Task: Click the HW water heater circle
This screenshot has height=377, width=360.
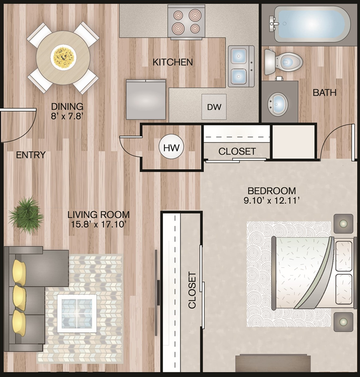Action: coord(171,147)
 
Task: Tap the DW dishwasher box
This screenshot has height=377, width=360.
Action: coord(214,107)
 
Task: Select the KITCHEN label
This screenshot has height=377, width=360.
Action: coord(172,62)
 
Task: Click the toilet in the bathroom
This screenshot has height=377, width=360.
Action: coord(283,62)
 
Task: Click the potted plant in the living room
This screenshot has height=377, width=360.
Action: coord(26,215)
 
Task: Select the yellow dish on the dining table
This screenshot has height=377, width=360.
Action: coord(64,57)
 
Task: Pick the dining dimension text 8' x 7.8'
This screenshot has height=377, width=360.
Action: coord(67,116)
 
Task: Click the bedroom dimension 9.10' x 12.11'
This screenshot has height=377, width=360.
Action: coord(272,201)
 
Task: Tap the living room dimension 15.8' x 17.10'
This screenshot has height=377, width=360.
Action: coord(98,224)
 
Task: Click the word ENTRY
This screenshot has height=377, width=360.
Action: coord(31,155)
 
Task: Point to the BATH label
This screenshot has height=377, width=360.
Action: coord(324,92)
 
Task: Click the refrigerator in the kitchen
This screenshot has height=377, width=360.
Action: coord(146,99)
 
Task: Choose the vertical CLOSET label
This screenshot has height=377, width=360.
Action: coord(192,290)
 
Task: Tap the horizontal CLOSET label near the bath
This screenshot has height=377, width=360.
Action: coord(237,151)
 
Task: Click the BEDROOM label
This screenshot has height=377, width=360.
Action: coord(272,191)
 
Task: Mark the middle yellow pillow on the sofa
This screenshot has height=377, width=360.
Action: coord(20,298)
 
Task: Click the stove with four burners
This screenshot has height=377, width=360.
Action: coord(187,22)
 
